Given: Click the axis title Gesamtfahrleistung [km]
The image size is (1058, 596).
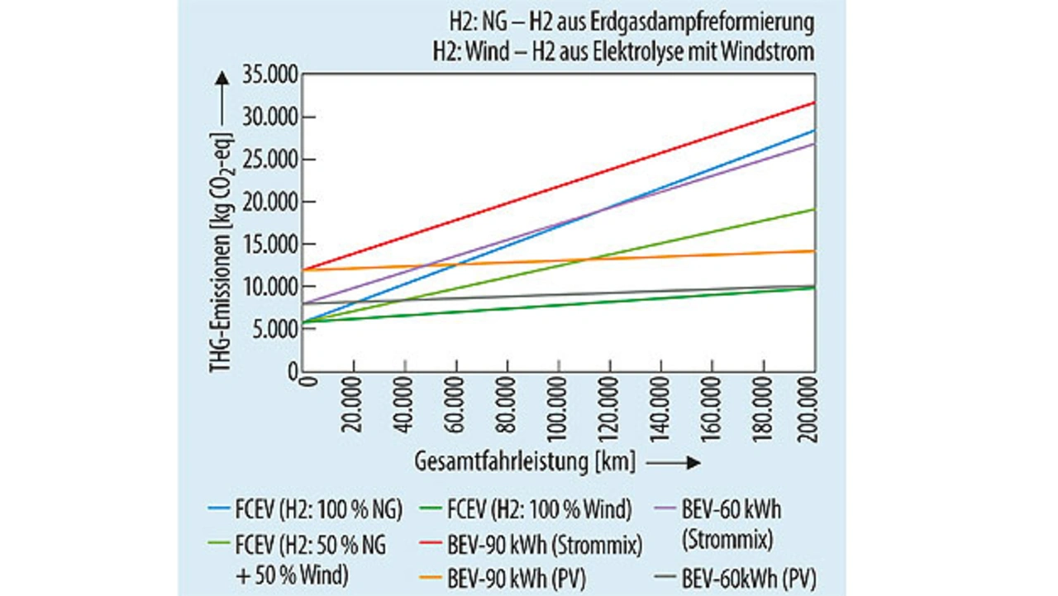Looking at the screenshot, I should tap(525, 462).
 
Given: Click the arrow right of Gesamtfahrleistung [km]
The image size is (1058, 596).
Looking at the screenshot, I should tap(674, 463).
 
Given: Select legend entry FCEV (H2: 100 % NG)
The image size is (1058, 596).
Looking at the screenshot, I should tap(318, 510).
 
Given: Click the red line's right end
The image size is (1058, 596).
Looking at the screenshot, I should tap(814, 103).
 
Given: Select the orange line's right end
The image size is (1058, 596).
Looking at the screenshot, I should tap(814, 251).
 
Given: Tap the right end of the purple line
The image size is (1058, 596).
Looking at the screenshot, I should tap(814, 144).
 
